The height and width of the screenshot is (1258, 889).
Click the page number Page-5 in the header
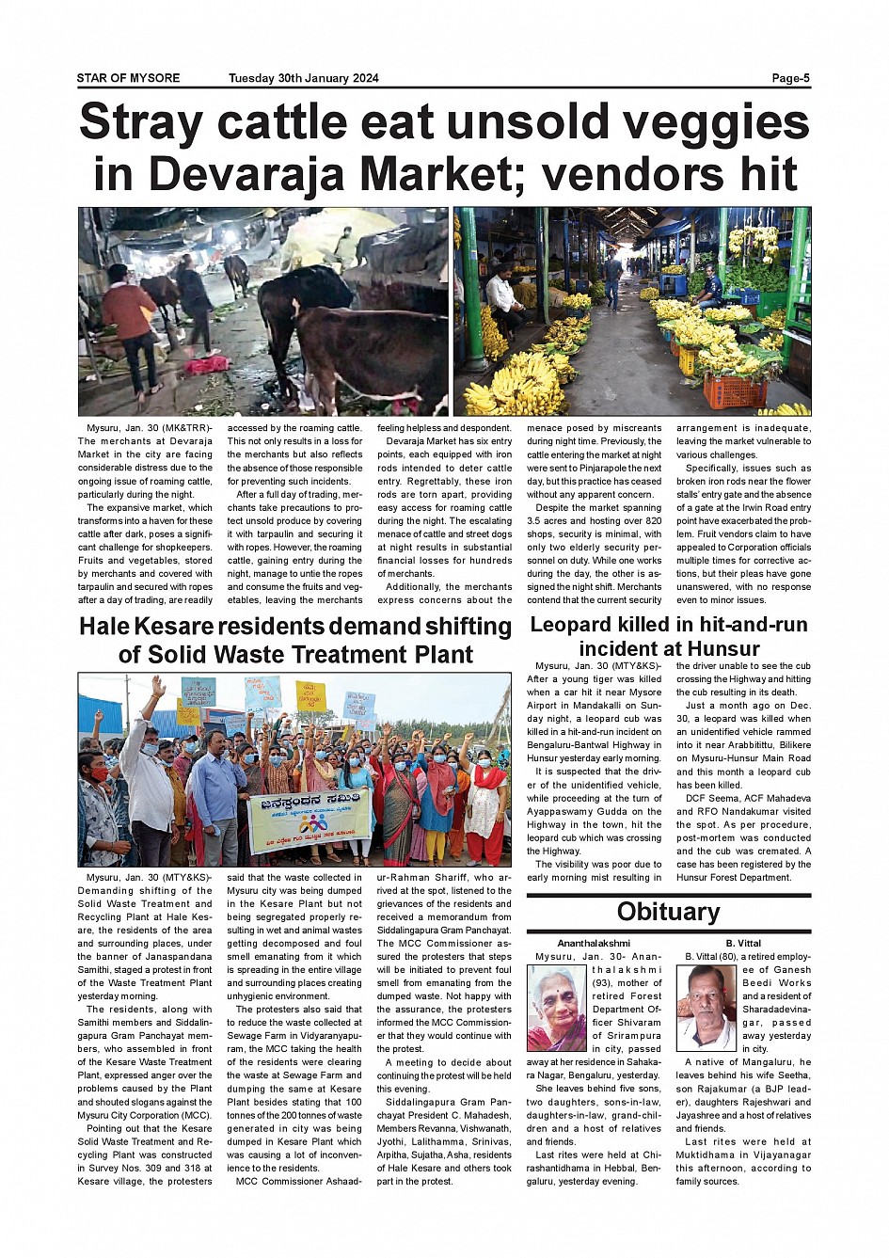[x=790, y=78]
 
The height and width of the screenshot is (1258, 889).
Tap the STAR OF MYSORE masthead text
[x=128, y=78]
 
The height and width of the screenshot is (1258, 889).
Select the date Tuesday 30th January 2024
[x=303, y=78]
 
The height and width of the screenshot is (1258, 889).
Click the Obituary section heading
[x=668, y=912]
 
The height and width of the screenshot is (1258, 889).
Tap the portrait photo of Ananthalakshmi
[x=556, y=1008]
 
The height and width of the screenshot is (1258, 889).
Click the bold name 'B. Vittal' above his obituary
[x=743, y=943]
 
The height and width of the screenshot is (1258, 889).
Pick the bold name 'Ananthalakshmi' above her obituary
[x=593, y=943]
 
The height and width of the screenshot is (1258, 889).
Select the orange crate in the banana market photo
[x=735, y=389]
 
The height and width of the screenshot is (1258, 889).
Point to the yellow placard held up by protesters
[x=310, y=697]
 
